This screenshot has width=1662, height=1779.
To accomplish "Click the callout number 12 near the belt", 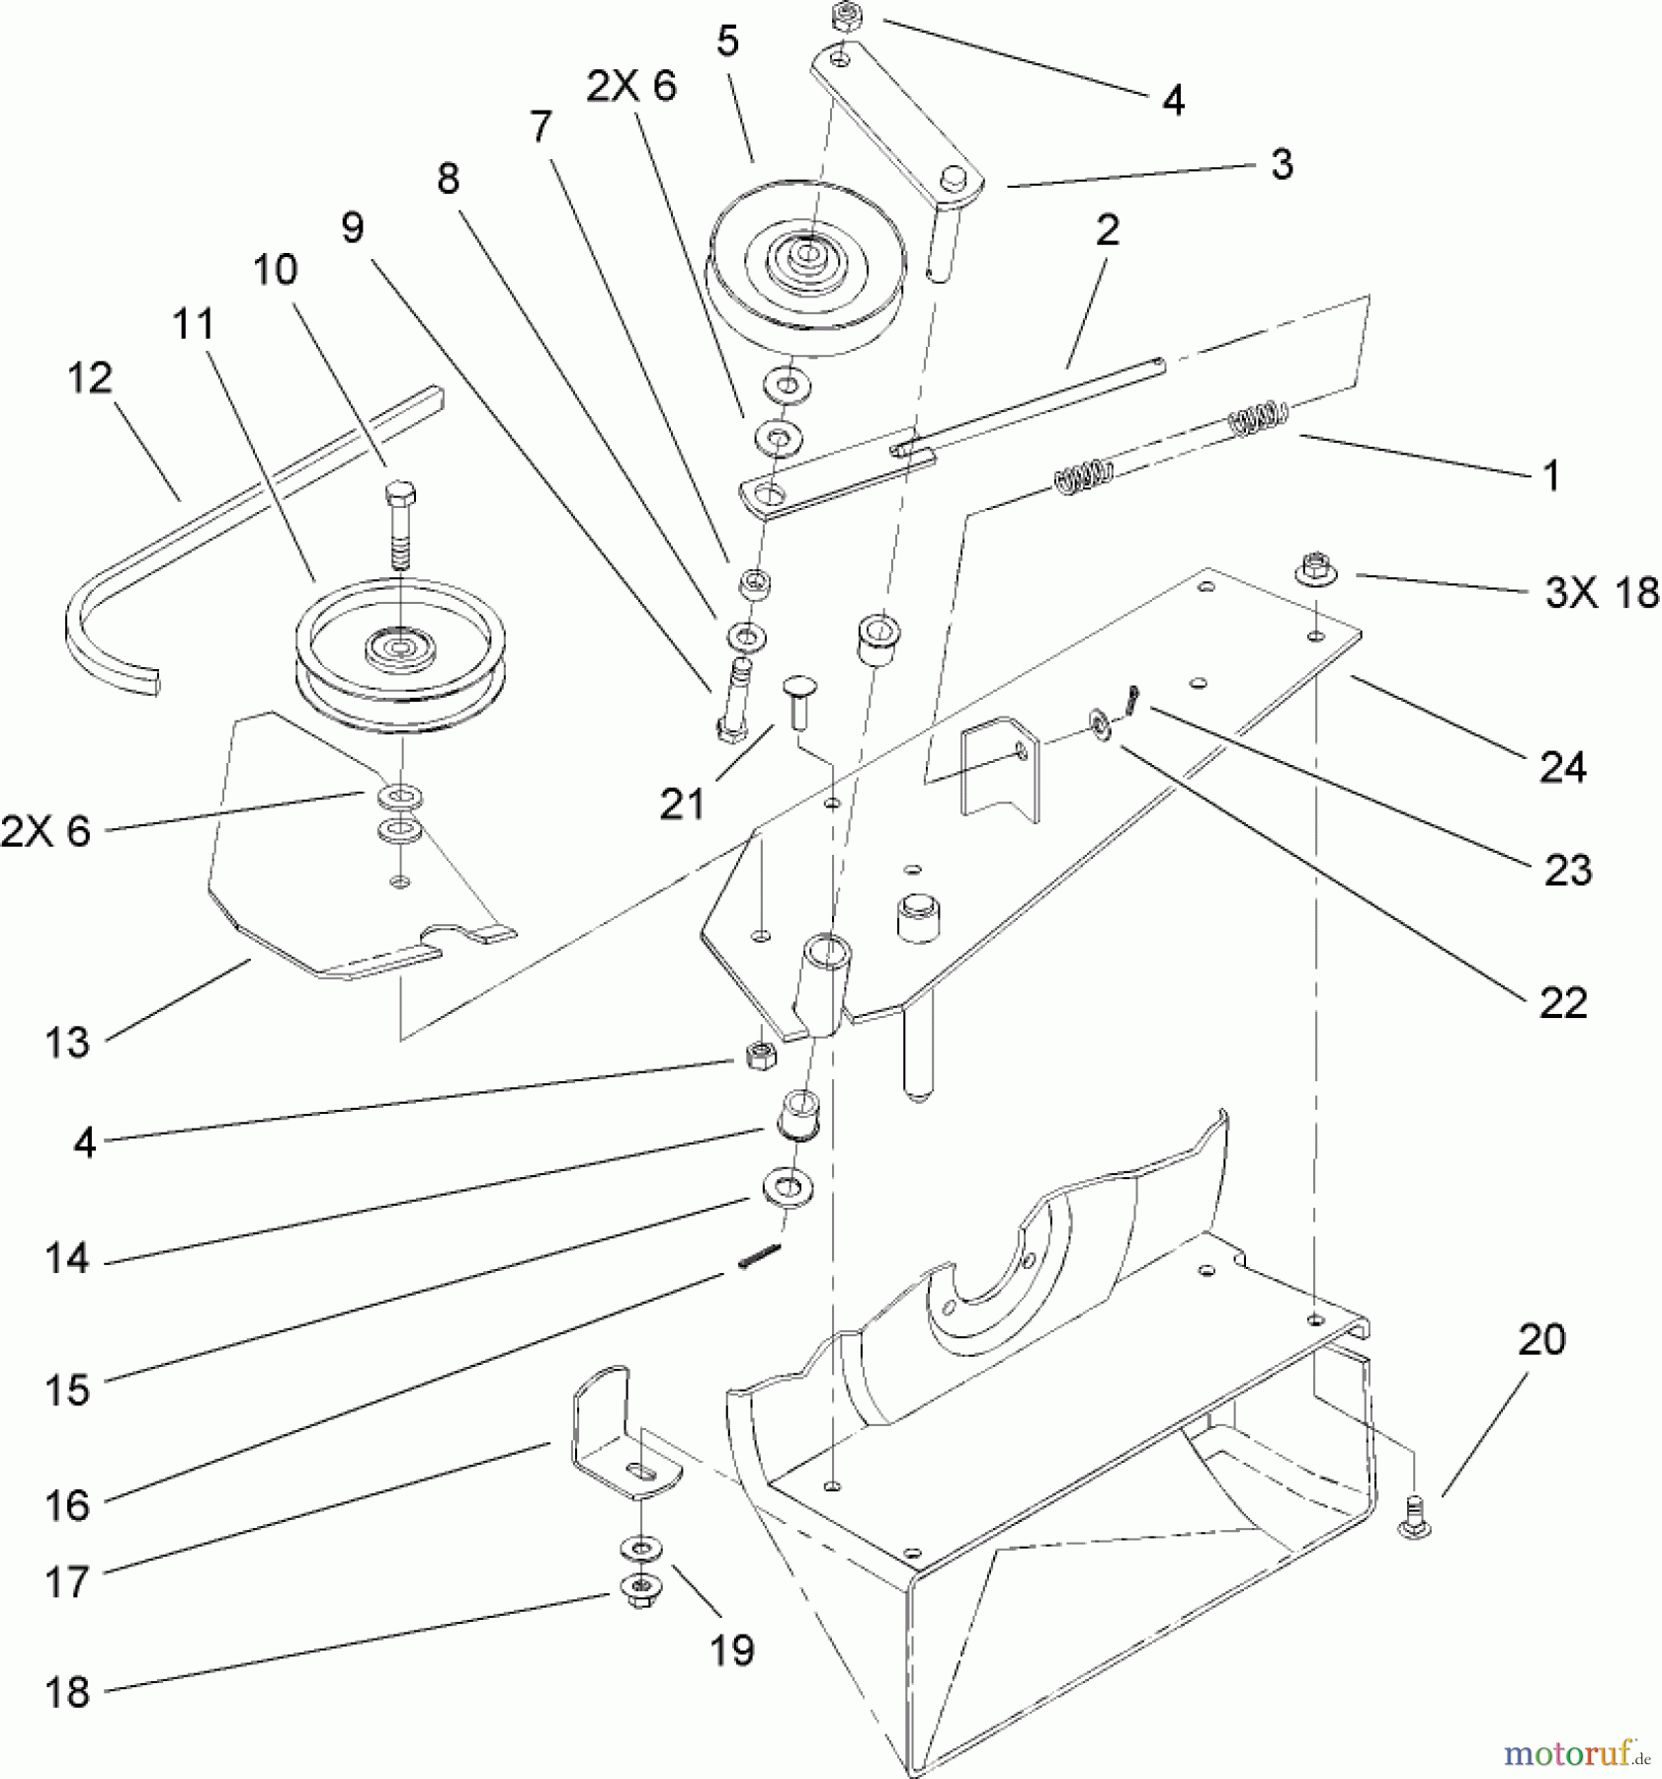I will click(90, 379).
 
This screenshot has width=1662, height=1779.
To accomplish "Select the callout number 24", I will click(1563, 767).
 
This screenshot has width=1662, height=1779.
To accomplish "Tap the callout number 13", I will click(66, 1043).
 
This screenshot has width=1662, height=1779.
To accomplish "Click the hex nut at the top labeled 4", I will click(847, 17).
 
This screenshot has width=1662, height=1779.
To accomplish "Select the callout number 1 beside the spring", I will click(1550, 475).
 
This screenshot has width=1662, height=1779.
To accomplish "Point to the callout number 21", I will click(683, 804).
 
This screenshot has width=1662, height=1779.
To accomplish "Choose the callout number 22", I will click(1563, 1003).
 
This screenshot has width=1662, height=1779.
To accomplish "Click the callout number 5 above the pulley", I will click(728, 44).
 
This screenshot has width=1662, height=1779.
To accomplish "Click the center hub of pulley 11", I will click(399, 647).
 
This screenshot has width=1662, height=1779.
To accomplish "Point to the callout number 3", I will click(1282, 164).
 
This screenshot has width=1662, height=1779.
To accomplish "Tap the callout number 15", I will click(66, 1389).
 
